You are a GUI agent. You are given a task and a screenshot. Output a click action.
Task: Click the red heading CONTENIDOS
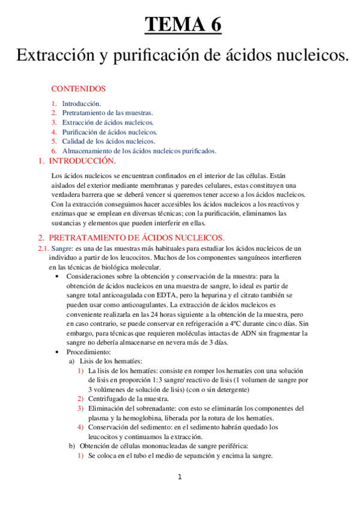click(x=78, y=89)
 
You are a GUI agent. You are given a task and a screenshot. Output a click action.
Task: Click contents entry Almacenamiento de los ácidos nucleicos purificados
click(x=139, y=150)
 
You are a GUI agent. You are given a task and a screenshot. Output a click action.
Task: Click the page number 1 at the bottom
click(x=179, y=478)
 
